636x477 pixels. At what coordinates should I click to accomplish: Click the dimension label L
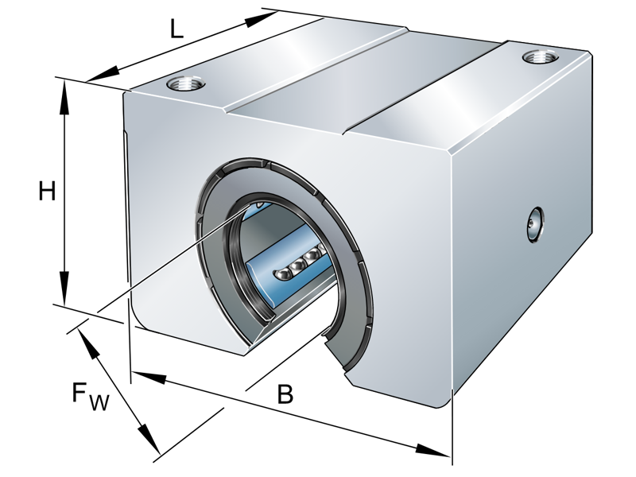click(176, 29)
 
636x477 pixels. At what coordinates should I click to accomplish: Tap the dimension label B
click(284, 394)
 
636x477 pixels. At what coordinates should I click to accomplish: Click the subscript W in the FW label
click(99, 403)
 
